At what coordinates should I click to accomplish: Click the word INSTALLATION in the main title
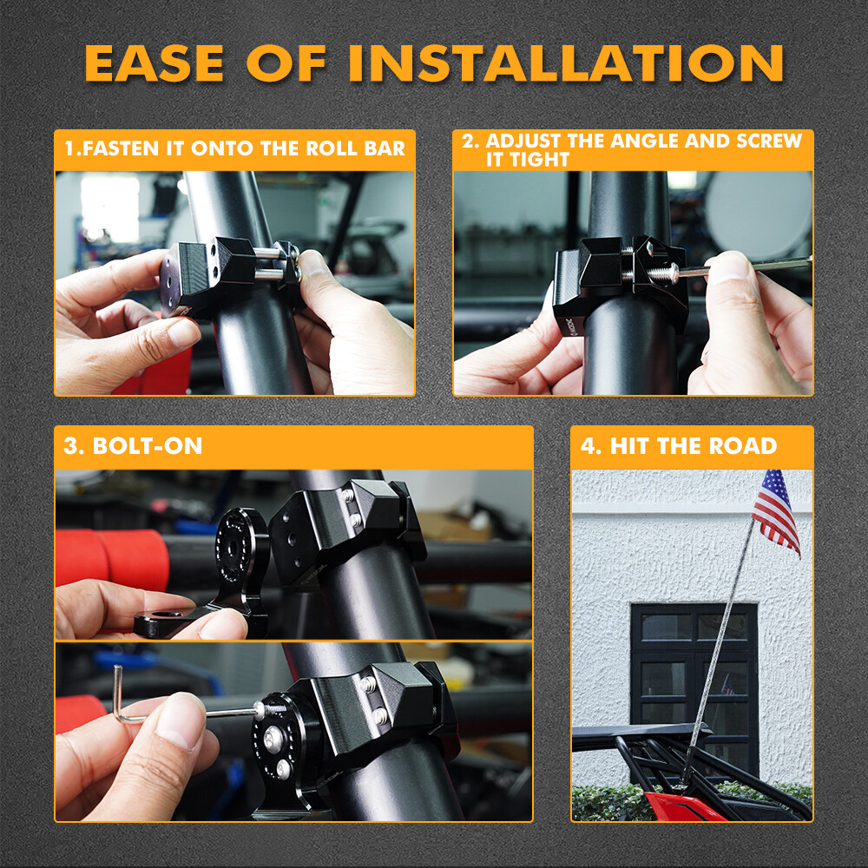click(x=566, y=63)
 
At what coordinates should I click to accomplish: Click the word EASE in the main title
click(x=155, y=63)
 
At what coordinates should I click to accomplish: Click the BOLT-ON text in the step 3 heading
click(x=148, y=446)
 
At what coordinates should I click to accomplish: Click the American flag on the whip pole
click(x=776, y=511)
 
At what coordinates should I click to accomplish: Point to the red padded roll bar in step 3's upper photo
click(x=112, y=558)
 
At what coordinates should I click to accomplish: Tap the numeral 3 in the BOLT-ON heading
click(x=71, y=446)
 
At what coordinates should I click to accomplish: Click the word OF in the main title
click(x=286, y=63)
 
